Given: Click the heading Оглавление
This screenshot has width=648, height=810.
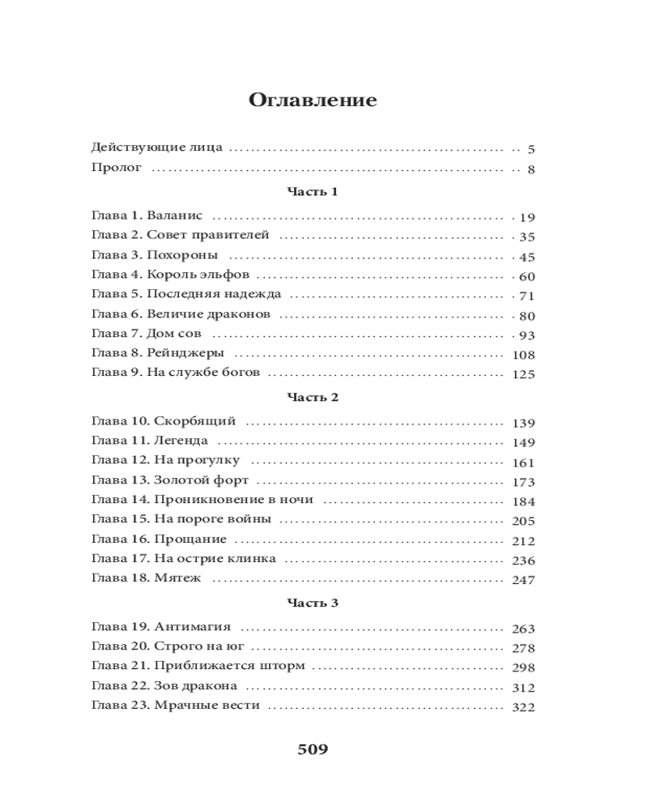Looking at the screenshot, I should [312, 100].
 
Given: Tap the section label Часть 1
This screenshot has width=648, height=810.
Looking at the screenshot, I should [312, 192].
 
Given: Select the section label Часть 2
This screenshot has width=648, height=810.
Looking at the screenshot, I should [312, 398].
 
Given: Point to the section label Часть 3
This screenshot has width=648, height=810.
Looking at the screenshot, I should [312, 603].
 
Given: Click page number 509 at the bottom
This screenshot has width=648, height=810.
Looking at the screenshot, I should [313, 749].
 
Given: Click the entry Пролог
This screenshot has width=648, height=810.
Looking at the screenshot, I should [117, 168].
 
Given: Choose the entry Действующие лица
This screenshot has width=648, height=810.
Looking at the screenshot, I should [157, 149].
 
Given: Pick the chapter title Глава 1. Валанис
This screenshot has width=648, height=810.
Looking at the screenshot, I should [147, 216].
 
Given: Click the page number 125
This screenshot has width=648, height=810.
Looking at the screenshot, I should [525, 374].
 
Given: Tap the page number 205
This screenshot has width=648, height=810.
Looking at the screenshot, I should [525, 521].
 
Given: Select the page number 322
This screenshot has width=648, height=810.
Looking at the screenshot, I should [525, 707].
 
